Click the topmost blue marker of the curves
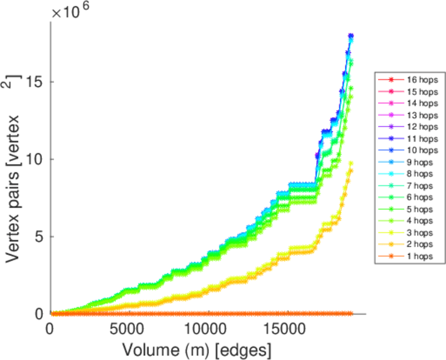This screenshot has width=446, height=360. [x=351, y=36]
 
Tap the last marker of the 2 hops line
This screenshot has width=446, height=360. [x=351, y=171]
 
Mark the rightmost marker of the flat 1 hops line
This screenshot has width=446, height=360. [x=351, y=313]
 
